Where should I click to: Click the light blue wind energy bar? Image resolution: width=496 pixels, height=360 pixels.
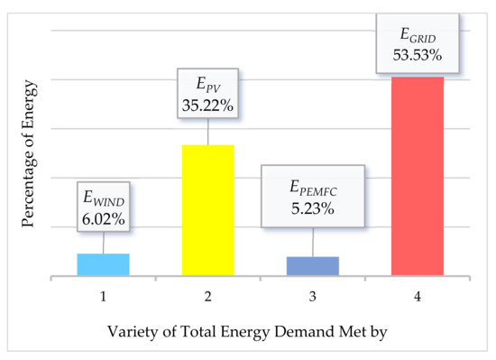(103, 264)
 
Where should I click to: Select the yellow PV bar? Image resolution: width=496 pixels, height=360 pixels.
(208, 210)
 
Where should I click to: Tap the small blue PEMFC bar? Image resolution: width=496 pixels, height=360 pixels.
(313, 266)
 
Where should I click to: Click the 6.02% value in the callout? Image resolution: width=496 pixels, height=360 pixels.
(103, 218)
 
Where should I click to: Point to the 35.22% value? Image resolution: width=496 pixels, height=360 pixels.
(208, 106)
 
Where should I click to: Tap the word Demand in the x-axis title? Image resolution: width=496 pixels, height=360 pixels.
(292, 331)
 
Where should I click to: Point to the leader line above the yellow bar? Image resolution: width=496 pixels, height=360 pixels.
(208, 132)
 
